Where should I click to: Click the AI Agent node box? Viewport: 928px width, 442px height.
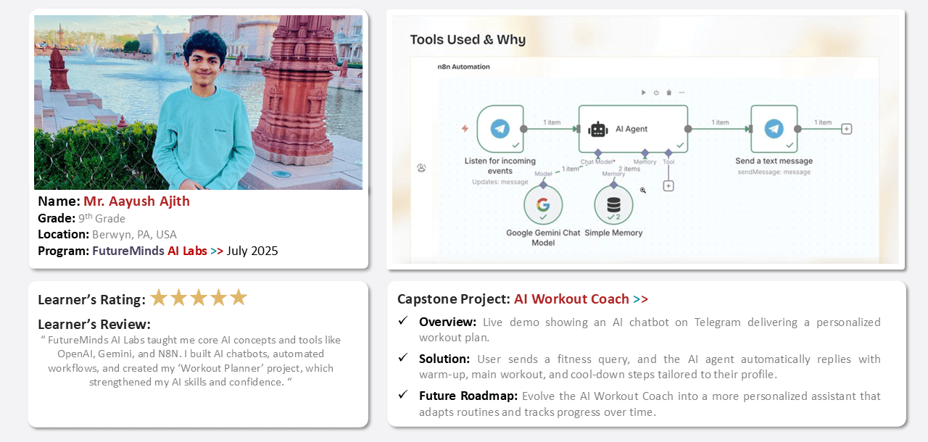[x=633, y=129]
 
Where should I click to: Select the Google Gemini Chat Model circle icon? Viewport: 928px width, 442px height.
[x=543, y=205]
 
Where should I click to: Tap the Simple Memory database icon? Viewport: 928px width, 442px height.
[x=613, y=205]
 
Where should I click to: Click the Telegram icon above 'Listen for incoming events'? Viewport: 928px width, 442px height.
[x=500, y=129]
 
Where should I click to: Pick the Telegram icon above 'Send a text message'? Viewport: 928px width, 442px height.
[x=774, y=129]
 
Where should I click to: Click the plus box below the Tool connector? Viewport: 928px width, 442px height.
[x=668, y=185]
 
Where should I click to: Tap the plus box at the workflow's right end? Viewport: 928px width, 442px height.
[x=846, y=129]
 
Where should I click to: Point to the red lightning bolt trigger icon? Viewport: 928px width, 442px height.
[x=465, y=129]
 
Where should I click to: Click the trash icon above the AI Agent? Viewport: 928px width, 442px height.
[x=668, y=93]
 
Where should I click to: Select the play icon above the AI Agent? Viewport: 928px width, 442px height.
[x=643, y=93]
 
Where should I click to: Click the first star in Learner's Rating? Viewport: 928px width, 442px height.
[x=159, y=298]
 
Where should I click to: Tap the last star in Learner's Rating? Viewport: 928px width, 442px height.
[x=239, y=298]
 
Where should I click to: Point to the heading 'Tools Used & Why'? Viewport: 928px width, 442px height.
[x=468, y=40]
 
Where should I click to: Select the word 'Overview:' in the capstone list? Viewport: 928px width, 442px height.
[x=447, y=322]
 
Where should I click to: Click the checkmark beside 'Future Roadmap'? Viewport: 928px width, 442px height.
[x=402, y=394]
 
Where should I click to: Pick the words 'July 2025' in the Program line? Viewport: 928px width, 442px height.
[x=252, y=251]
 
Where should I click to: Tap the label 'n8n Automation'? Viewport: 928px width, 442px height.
[x=463, y=67]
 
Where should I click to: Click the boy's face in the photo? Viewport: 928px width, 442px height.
[x=204, y=63]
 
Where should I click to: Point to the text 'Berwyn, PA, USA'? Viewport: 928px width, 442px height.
[x=134, y=235]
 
